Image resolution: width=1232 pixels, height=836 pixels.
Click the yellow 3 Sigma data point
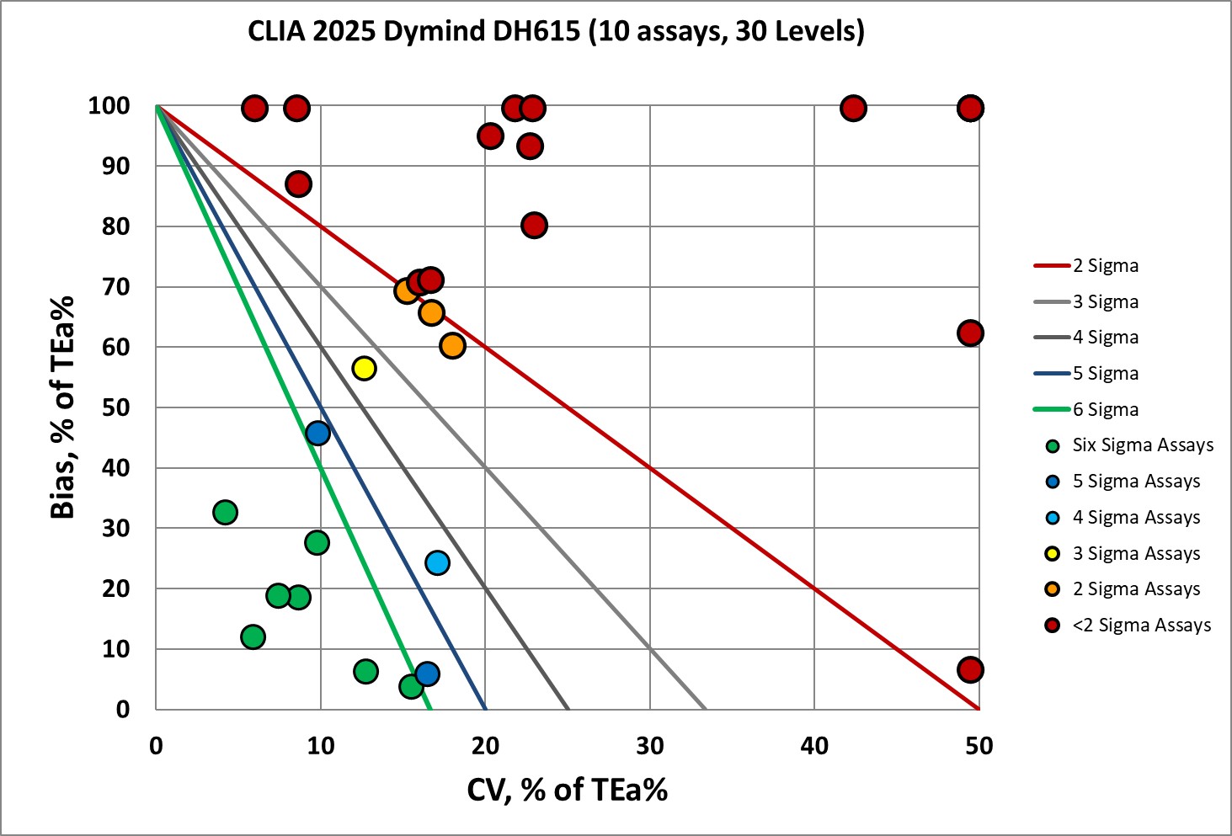(x=364, y=368)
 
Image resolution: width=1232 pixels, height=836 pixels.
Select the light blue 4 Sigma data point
(x=437, y=562)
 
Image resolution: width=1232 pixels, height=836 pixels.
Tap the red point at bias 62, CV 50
(x=970, y=333)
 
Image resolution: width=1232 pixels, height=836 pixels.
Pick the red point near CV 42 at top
(x=853, y=109)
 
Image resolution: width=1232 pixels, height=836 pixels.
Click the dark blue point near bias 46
(x=317, y=434)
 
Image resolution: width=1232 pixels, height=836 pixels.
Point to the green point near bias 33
(x=225, y=512)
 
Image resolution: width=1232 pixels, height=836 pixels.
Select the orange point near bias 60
(x=452, y=345)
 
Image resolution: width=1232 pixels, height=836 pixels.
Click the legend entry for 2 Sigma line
(x=1105, y=266)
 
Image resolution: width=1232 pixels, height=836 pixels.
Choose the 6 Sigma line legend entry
(x=1105, y=410)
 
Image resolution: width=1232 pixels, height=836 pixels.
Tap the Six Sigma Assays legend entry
(x=1142, y=445)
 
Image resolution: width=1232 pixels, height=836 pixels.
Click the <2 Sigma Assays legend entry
(x=1141, y=626)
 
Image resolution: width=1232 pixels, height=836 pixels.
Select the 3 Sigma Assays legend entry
(x=1135, y=554)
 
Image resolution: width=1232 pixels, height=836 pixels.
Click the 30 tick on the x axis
(x=650, y=746)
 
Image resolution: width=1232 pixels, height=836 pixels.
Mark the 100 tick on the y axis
(x=109, y=106)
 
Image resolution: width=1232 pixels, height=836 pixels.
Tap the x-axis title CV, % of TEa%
(x=568, y=790)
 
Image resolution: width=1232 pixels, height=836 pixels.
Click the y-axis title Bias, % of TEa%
(x=63, y=407)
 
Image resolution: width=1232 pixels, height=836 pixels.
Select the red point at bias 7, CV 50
(x=970, y=670)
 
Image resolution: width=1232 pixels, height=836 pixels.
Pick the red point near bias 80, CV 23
(x=533, y=226)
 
